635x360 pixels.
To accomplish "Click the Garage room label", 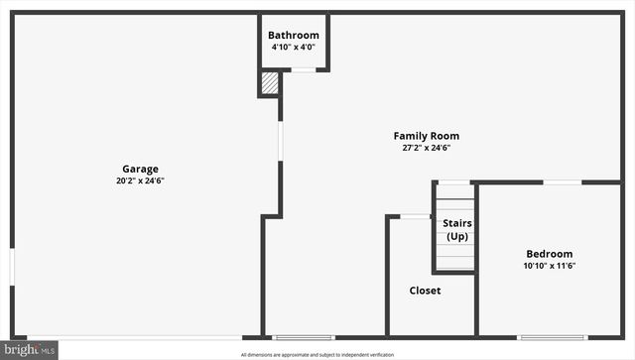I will pos(140,169).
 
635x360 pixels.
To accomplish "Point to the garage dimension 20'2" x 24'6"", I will pos(140,180).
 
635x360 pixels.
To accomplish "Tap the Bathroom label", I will pos(294,36).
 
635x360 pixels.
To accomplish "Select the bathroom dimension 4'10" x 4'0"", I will pos(294,48).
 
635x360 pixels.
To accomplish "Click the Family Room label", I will pos(426,136).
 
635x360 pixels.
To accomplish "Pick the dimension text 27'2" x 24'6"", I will pos(426,148).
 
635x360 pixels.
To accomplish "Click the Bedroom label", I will pos(549,254).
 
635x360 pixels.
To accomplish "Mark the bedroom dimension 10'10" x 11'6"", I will pos(549,266).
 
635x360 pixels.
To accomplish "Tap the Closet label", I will pos(425,291).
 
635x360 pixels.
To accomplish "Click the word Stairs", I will pos(457,223).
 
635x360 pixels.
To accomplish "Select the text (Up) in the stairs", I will pos(457,236).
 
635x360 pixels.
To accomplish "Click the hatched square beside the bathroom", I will pos(270,83).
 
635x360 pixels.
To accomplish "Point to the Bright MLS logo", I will pos(30,350).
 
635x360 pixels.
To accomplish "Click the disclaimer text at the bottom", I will pos(317,354).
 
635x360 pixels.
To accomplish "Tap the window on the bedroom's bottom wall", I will pos(552,337).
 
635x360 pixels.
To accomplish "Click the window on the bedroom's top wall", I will pos(563,182).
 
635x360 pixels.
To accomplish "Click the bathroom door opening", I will pos(304,70).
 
